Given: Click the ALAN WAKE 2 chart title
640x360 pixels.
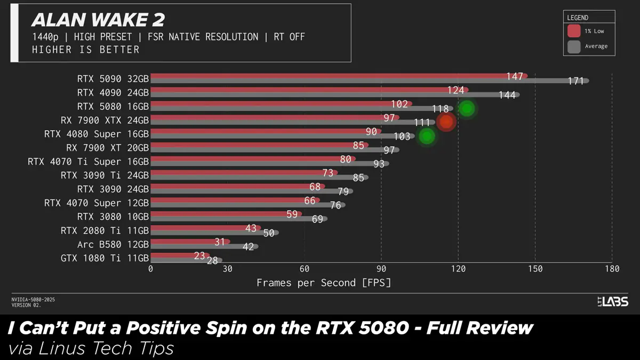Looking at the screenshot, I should [x=98, y=20].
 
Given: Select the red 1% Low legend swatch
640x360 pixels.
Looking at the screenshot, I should [x=574, y=31].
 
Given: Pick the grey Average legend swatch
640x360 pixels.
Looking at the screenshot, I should [x=574, y=46].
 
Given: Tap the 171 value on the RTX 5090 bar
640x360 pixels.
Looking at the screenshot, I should [x=576, y=81].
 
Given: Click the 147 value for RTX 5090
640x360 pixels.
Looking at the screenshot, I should [x=515, y=77].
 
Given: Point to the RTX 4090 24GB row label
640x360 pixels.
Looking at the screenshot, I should [x=113, y=92].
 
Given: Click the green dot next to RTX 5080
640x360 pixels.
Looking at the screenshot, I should [x=467, y=108].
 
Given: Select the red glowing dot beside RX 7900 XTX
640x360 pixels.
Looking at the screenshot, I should [x=446, y=122].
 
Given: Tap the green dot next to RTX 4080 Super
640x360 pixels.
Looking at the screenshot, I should [x=427, y=136].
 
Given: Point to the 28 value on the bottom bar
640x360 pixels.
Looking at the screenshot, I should [x=212, y=261].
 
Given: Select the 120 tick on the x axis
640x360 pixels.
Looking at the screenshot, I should [x=458, y=269].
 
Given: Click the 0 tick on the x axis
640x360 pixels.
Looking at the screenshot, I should [x=150, y=269].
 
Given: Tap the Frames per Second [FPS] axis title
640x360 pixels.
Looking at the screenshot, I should [x=324, y=283].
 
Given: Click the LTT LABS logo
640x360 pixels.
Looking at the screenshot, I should [x=612, y=302].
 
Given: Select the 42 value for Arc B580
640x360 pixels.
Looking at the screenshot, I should [x=248, y=247].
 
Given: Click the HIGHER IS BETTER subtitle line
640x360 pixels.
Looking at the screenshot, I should [x=85, y=50].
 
